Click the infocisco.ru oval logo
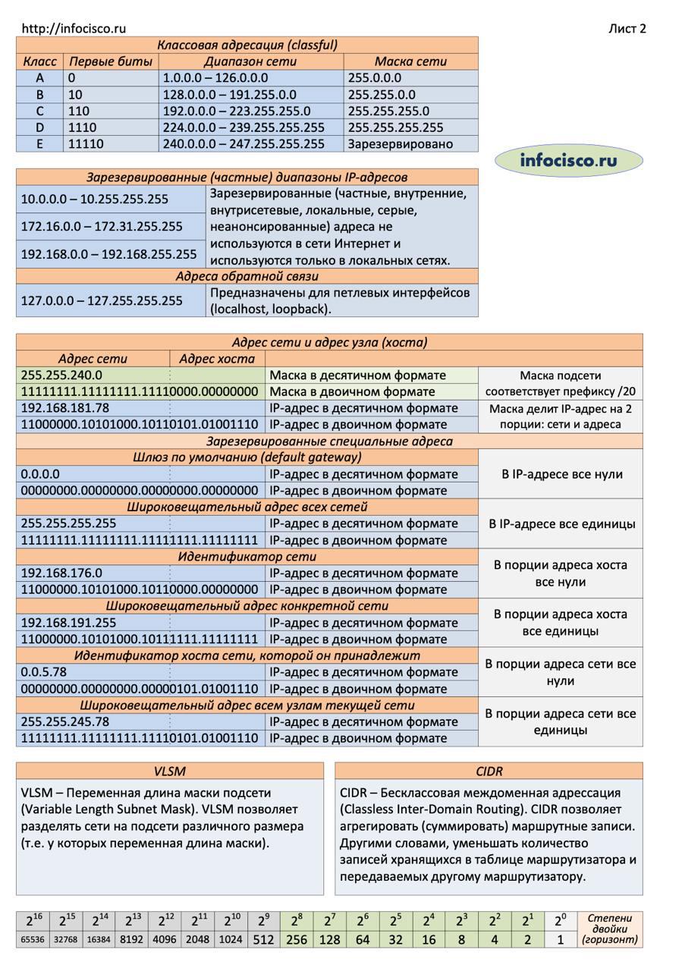pyautogui.click(x=568, y=160)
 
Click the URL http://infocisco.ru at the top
pyautogui.click(x=74, y=29)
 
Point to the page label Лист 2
pyautogui.click(x=627, y=29)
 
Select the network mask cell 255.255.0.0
pyautogui.click(x=382, y=95)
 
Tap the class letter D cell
pyautogui.click(x=39, y=127)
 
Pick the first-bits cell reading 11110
pyautogui.click(x=86, y=144)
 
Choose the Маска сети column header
pyautogui.click(x=410, y=61)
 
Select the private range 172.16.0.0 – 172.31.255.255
pyautogui.click(x=102, y=226)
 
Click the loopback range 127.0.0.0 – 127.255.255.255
pyautogui.click(x=102, y=300)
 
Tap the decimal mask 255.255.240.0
pyautogui.click(x=61, y=376)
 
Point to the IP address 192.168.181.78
pyautogui.click(x=65, y=408)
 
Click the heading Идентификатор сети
pyautogui.click(x=247, y=557)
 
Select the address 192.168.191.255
pyautogui.click(x=69, y=623)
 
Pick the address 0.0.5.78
pyautogui.click(x=44, y=672)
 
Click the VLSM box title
pyautogui.click(x=169, y=771)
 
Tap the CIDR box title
pyautogui.click(x=489, y=771)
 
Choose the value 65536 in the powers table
pyautogui.click(x=33, y=940)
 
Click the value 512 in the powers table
pyautogui.click(x=263, y=940)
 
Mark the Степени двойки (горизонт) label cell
pyautogui.click(x=609, y=929)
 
